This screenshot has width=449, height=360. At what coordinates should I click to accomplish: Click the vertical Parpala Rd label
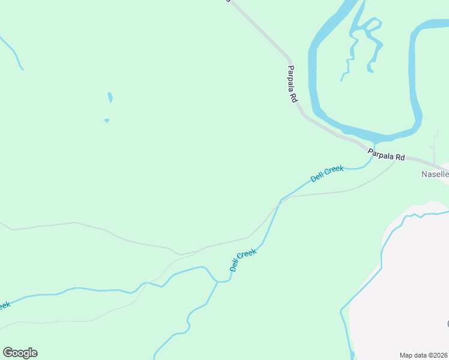tap(292, 83)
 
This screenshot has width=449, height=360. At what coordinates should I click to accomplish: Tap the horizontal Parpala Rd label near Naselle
tap(387, 155)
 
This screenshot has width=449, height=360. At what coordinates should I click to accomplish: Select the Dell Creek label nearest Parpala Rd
tap(327, 173)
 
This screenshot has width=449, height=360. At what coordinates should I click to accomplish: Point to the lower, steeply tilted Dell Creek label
tap(243, 260)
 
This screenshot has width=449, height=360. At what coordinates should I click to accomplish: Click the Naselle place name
tap(434, 175)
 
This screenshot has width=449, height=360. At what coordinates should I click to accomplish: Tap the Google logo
tap(20, 353)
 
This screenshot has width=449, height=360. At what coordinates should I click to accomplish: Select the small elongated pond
tap(110, 97)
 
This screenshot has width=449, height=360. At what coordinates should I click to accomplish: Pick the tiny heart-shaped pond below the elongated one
tap(107, 121)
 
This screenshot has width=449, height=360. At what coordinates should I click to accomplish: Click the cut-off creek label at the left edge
tap(4, 305)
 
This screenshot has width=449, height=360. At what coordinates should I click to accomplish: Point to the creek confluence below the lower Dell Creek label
tap(217, 281)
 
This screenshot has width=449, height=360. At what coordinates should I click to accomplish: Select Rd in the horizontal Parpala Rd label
tap(399, 157)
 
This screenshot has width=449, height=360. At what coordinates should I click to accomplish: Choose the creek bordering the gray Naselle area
tap(382, 252)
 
